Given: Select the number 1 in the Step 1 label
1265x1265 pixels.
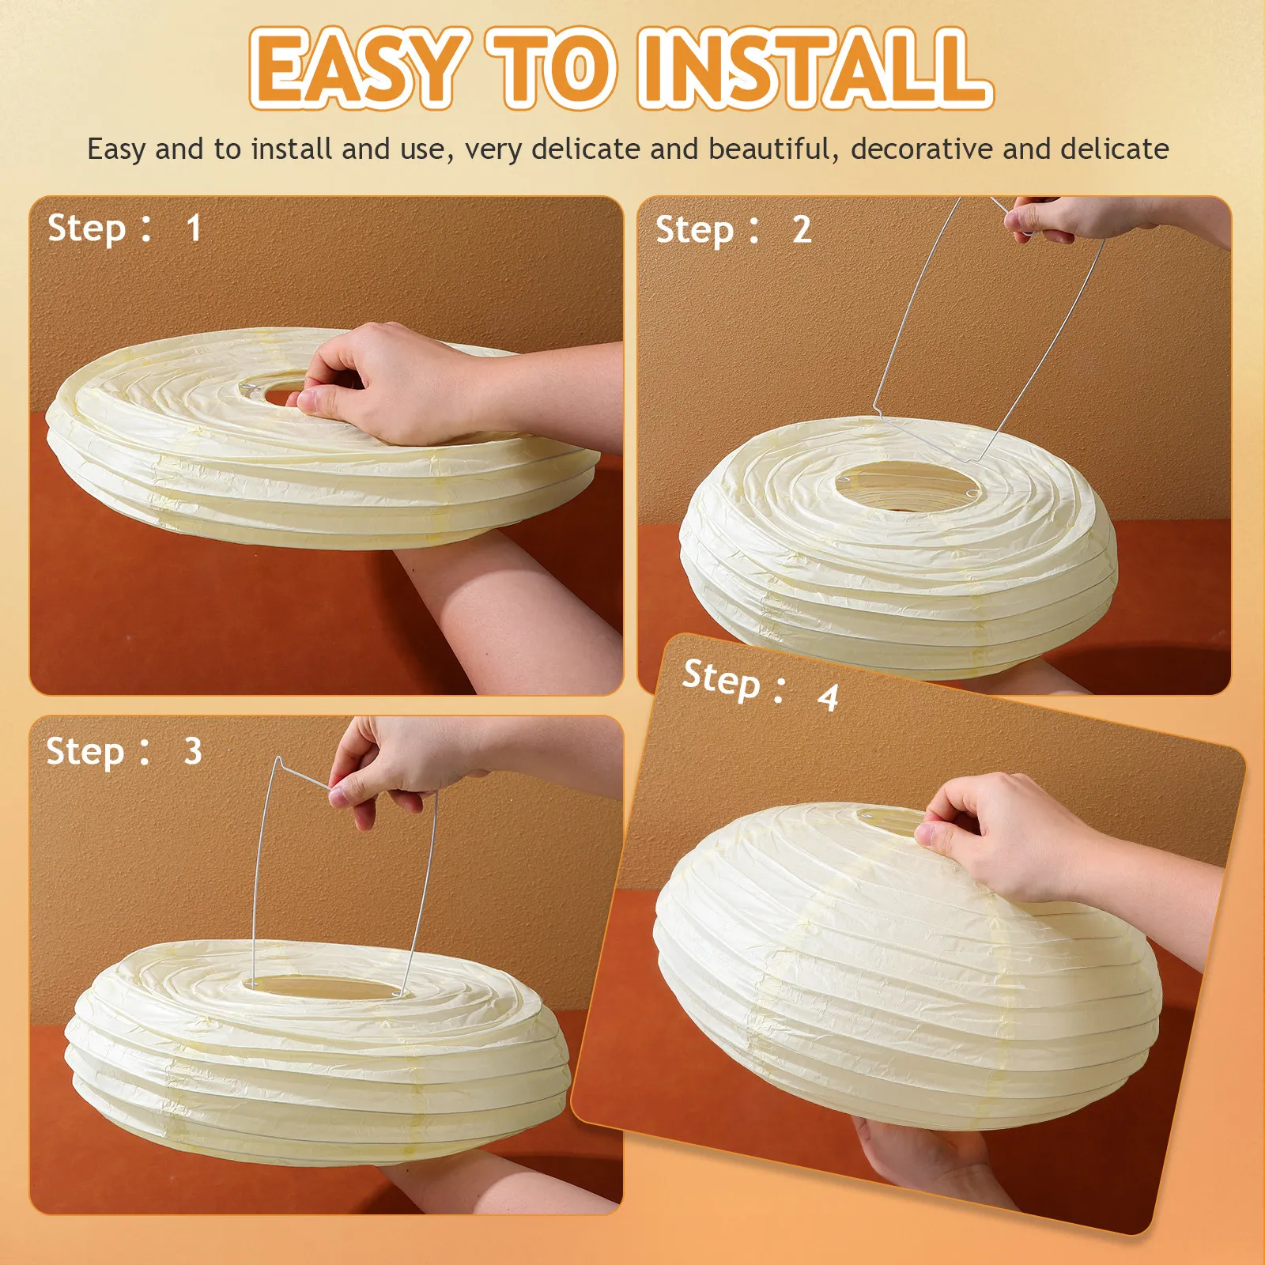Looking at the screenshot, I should tap(194, 228).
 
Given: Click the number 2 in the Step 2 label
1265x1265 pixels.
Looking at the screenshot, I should tap(802, 230).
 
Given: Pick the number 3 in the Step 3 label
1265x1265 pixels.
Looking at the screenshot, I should tap(193, 751).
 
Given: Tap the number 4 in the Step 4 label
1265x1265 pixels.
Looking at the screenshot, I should tap(828, 697).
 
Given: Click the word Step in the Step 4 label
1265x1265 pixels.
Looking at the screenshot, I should tap(721, 678).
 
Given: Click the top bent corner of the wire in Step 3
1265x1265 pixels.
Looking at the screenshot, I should tap(278, 760).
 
